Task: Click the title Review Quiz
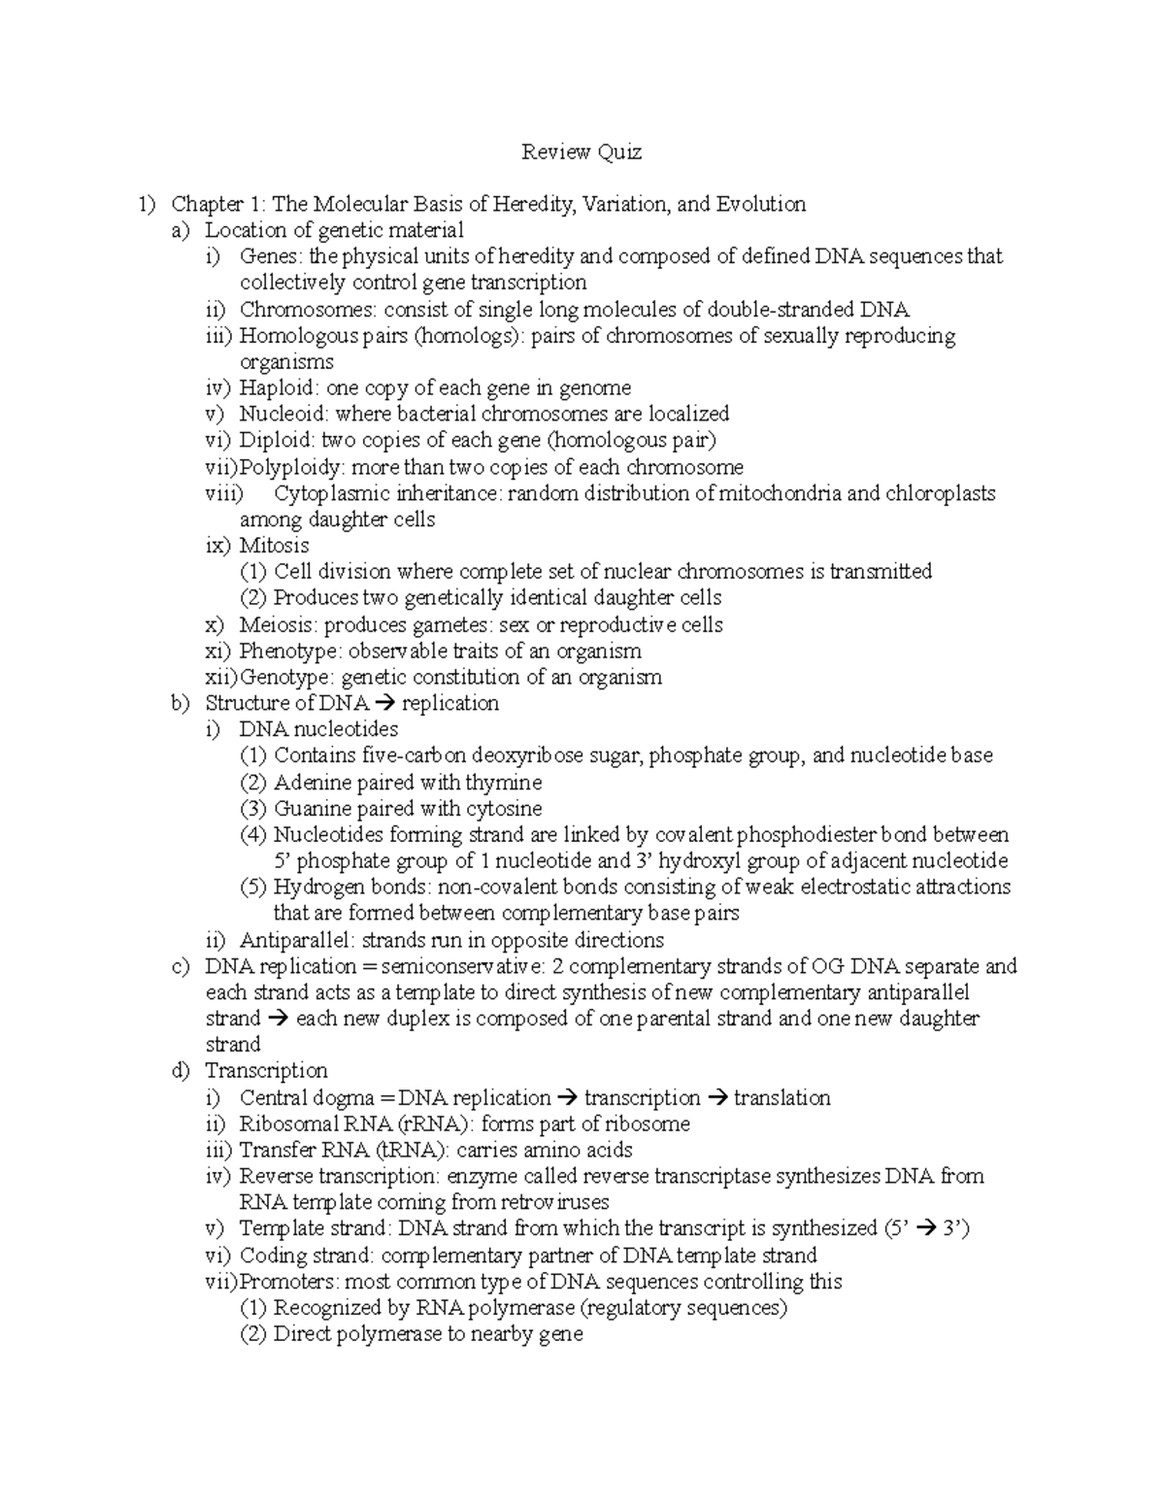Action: [582, 151]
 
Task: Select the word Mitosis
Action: [275, 546]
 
